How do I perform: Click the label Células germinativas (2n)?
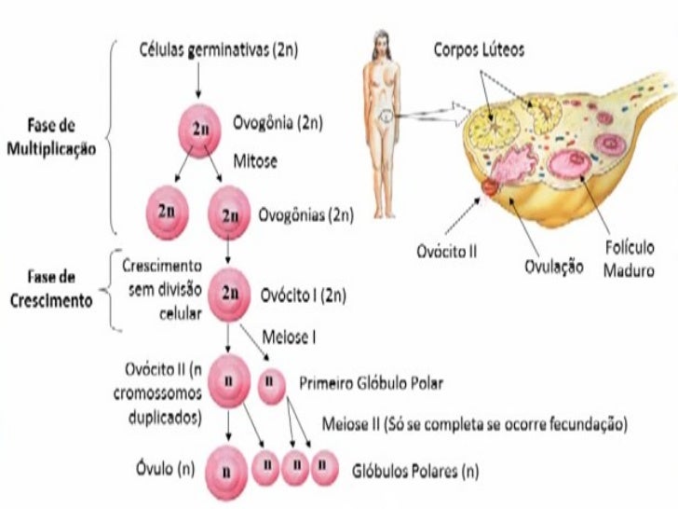click(x=218, y=49)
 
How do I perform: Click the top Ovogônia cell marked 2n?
click(x=200, y=131)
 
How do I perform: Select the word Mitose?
click(x=255, y=161)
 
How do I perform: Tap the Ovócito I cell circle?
click(x=229, y=295)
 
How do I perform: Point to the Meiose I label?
click(x=289, y=337)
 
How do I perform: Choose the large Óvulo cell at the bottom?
click(x=226, y=473)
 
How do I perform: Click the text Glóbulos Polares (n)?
click(x=415, y=471)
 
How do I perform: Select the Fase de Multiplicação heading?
click(x=51, y=137)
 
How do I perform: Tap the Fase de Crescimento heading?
click(x=51, y=289)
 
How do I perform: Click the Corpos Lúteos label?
click(x=479, y=49)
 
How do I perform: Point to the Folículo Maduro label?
click(x=630, y=259)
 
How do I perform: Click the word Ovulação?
click(x=554, y=267)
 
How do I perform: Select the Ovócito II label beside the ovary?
click(x=447, y=251)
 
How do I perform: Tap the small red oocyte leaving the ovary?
click(x=490, y=187)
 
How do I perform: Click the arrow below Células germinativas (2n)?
click(x=198, y=80)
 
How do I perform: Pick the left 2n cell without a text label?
click(x=168, y=213)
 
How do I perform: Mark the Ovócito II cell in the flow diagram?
click(x=229, y=381)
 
